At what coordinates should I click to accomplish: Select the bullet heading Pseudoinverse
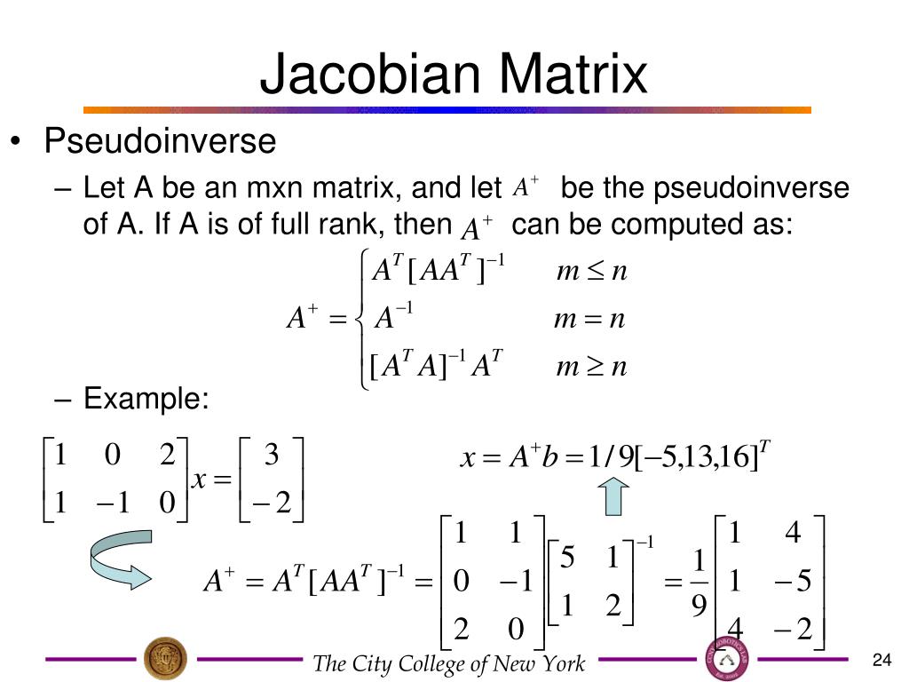161,142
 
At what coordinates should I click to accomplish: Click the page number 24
881,659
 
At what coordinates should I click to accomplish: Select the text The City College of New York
449,663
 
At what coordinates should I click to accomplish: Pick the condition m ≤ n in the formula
591,271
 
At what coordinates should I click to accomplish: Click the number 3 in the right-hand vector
273,456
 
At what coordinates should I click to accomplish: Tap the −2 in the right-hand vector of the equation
271,504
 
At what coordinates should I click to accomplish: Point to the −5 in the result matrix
792,583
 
